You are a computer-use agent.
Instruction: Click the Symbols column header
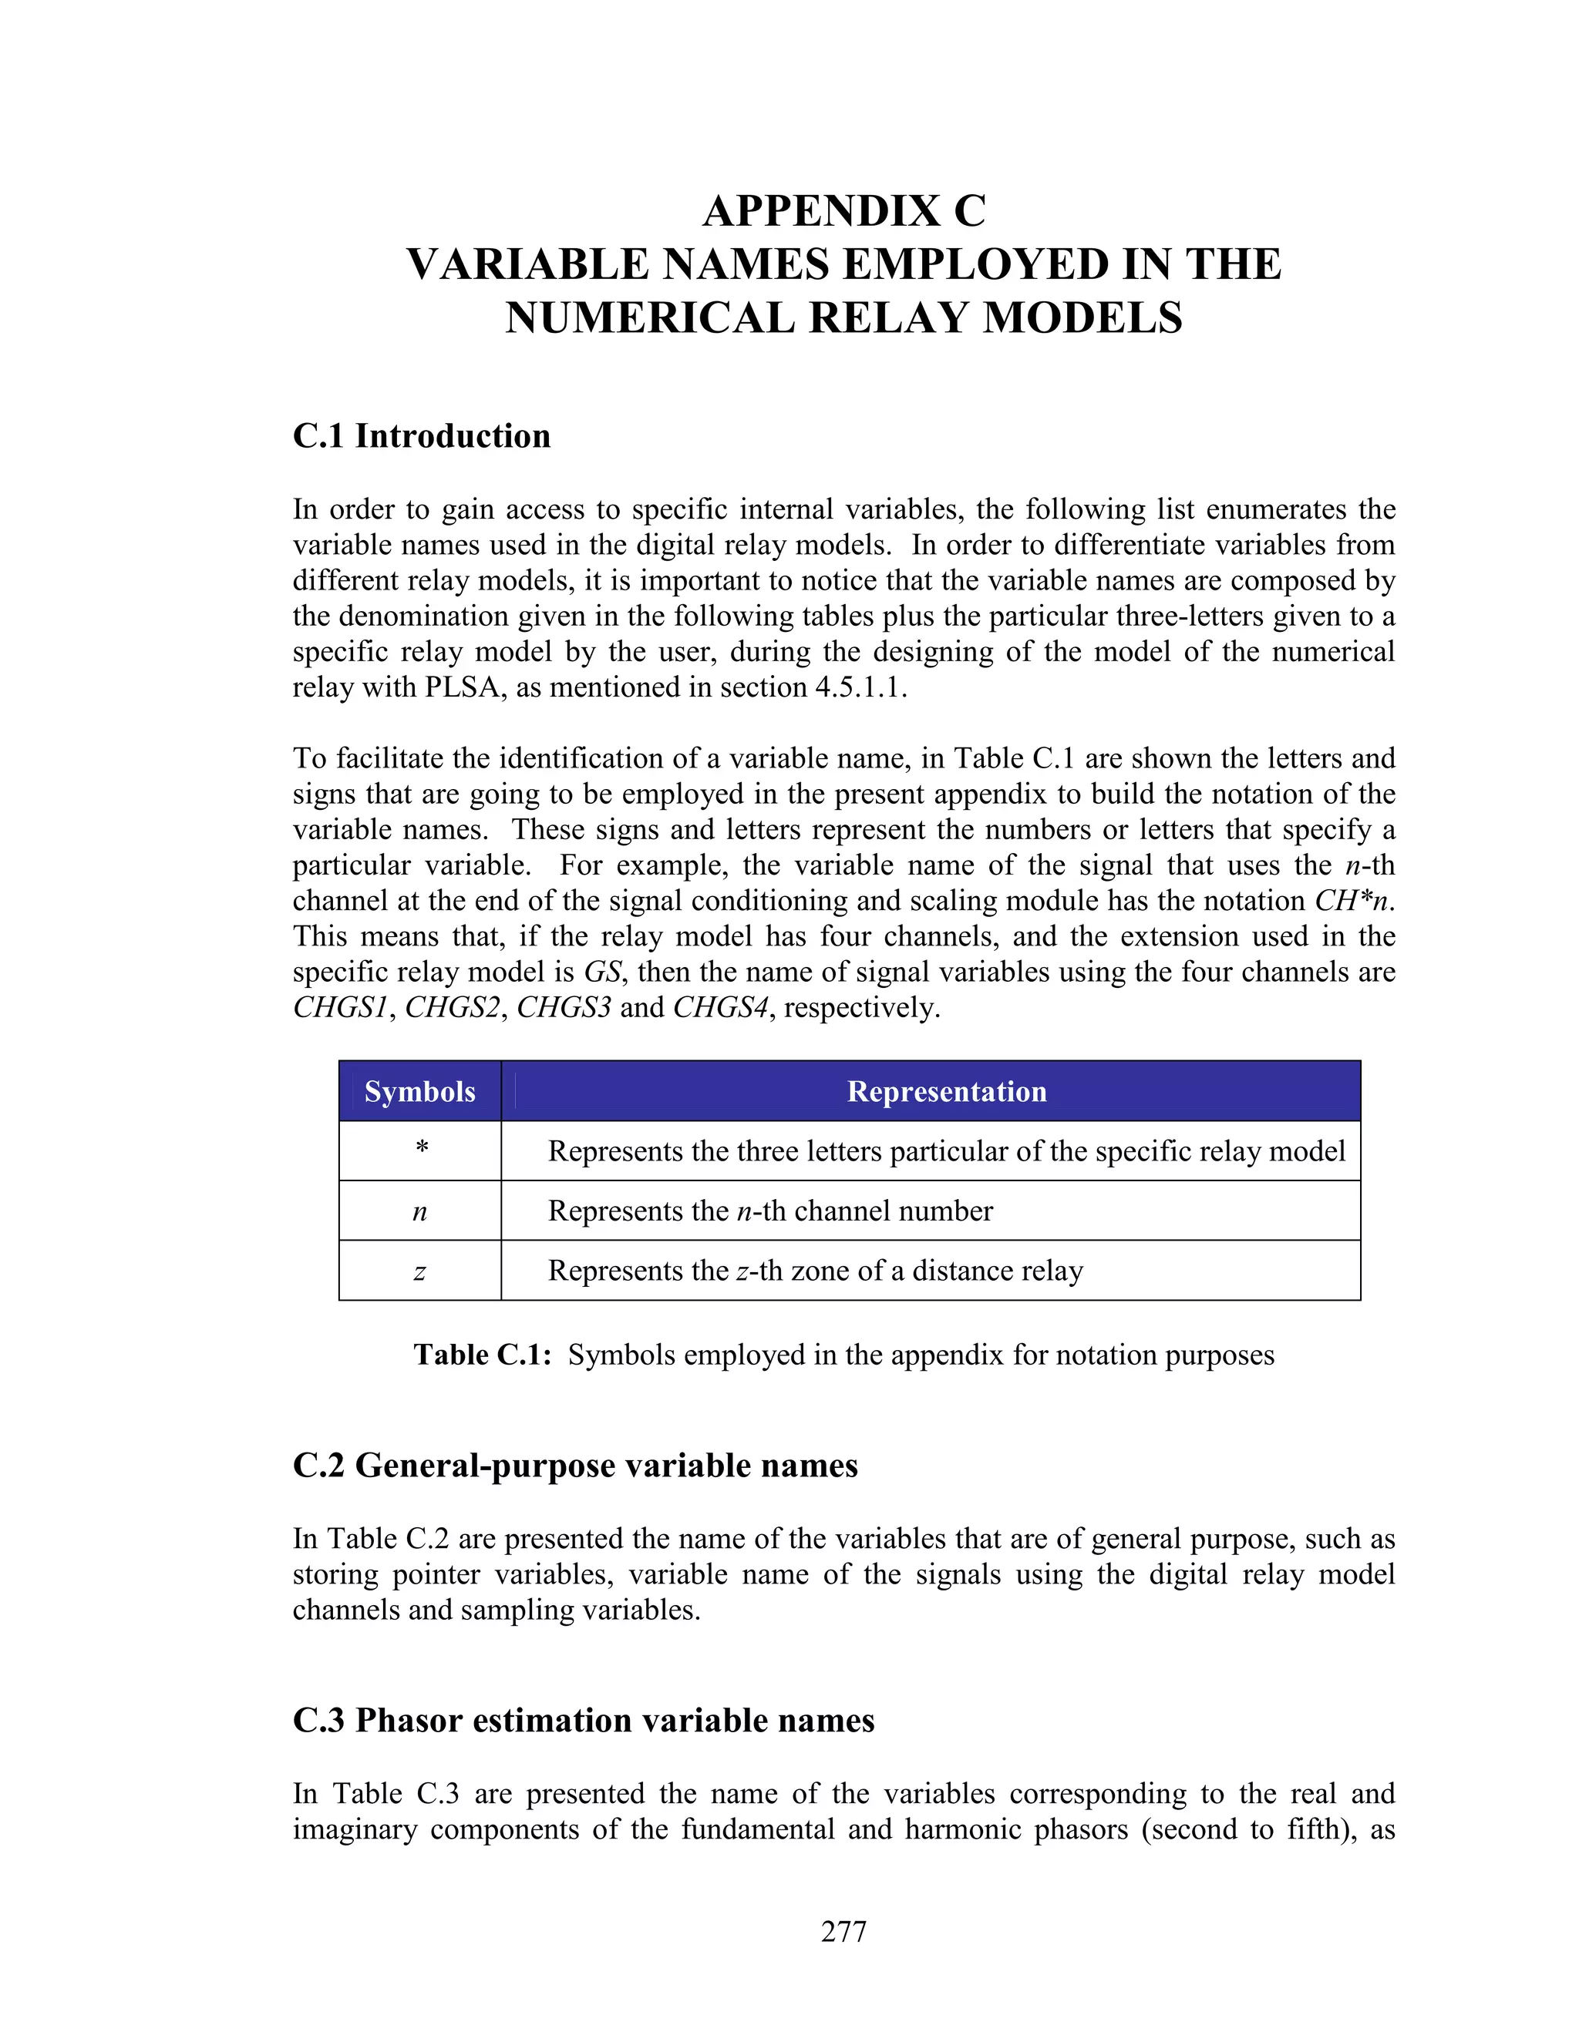pos(419,1091)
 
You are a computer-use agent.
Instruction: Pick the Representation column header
pos(946,1091)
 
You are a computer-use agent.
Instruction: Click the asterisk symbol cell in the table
pos(421,1149)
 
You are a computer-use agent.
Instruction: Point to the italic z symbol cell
pos(419,1271)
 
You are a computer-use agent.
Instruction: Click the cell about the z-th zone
pos(815,1271)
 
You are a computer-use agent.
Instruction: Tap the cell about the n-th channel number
pos(770,1211)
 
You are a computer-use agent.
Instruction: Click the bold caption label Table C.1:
pos(483,1355)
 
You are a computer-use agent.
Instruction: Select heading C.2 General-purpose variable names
pos(574,1465)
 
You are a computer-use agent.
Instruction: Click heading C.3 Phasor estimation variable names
pos(583,1721)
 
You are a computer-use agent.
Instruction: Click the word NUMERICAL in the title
pos(650,318)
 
